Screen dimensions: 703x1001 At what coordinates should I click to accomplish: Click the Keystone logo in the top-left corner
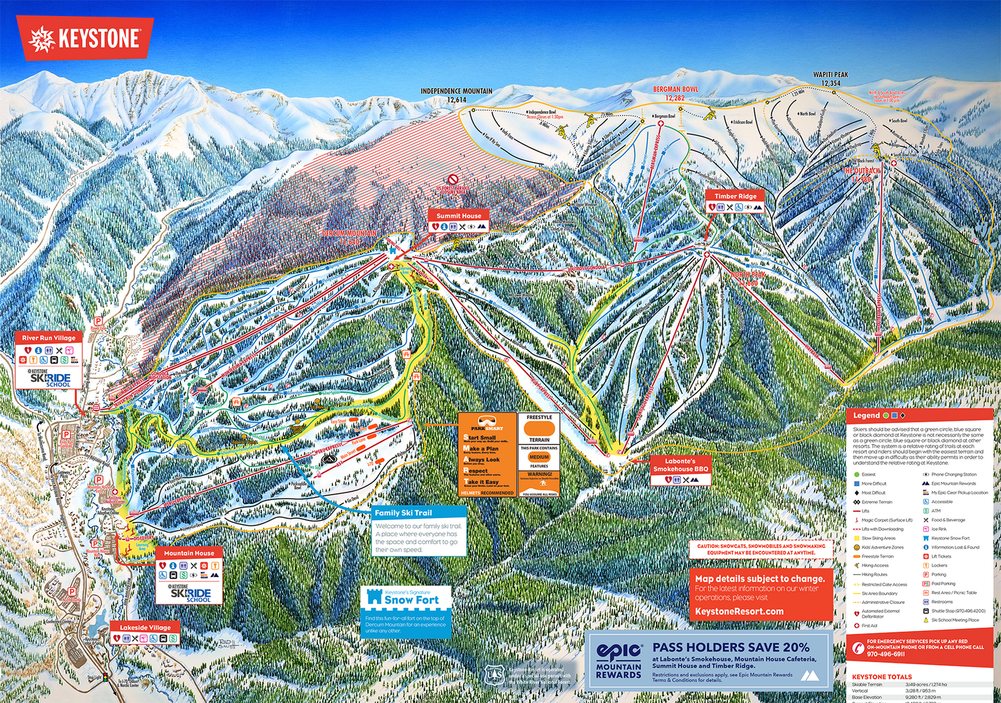pos(85,39)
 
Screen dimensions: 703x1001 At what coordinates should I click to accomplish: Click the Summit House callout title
pos(458,215)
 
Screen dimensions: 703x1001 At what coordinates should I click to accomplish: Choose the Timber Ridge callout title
pos(735,196)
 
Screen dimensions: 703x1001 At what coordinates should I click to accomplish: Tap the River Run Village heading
pos(48,338)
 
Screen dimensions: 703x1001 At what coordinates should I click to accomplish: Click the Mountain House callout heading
pos(189,553)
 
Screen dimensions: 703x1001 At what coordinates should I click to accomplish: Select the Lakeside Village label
pos(145,628)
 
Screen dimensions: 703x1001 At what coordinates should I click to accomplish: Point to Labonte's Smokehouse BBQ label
pos(680,465)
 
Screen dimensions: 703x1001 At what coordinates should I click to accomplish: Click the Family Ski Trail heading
pos(403,513)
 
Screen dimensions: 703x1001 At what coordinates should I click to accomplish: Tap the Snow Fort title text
pos(411,600)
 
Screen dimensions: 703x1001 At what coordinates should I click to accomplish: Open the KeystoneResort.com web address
pos(739,612)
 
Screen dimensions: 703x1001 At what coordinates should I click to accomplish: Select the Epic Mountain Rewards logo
pos(619,660)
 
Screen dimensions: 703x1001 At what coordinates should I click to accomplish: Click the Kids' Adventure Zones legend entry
pos(882,547)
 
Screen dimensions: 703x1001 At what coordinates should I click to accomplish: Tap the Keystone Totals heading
pos(882,677)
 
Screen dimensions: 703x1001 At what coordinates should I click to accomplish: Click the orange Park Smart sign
pos(487,454)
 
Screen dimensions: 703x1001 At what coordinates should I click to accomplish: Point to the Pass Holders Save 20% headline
pos(731,647)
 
